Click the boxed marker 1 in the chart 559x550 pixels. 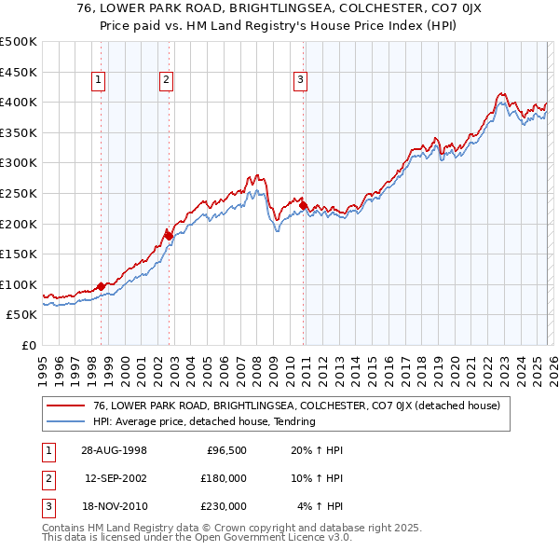tap(99, 81)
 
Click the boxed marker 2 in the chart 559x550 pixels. tap(166, 81)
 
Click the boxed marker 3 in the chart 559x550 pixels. tap(301, 81)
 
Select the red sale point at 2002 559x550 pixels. tap(169, 236)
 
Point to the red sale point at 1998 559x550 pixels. tap(102, 286)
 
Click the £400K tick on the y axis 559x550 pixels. tap(19, 102)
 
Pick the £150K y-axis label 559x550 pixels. tap(19, 254)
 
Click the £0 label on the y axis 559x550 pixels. tap(29, 345)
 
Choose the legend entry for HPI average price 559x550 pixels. tap(206, 421)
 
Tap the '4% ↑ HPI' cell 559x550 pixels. tap(321, 506)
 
